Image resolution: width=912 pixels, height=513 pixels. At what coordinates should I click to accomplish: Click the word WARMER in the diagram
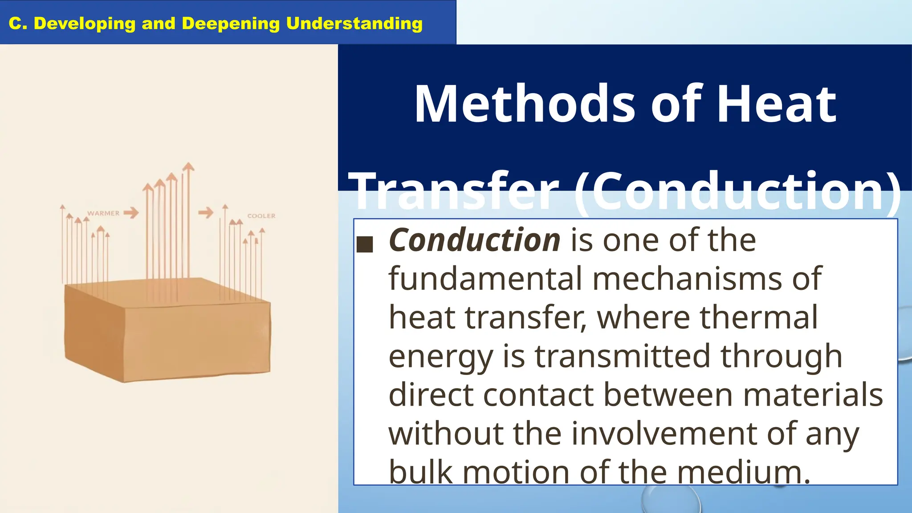click(103, 213)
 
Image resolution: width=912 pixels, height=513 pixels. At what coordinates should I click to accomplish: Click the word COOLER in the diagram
click(261, 216)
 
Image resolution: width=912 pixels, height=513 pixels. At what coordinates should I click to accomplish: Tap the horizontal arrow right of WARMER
click(131, 213)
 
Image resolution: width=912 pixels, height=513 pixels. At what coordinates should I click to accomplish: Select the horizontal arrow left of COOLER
click(206, 212)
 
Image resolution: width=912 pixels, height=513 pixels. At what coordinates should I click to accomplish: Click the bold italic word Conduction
click(475, 240)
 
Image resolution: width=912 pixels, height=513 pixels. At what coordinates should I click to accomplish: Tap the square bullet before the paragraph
click(365, 244)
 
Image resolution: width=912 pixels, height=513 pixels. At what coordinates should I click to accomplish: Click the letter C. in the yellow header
click(18, 24)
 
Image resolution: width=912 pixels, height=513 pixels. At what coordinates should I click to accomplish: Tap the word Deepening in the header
click(231, 24)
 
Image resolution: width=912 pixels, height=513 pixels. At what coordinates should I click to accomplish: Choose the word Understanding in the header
click(354, 24)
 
